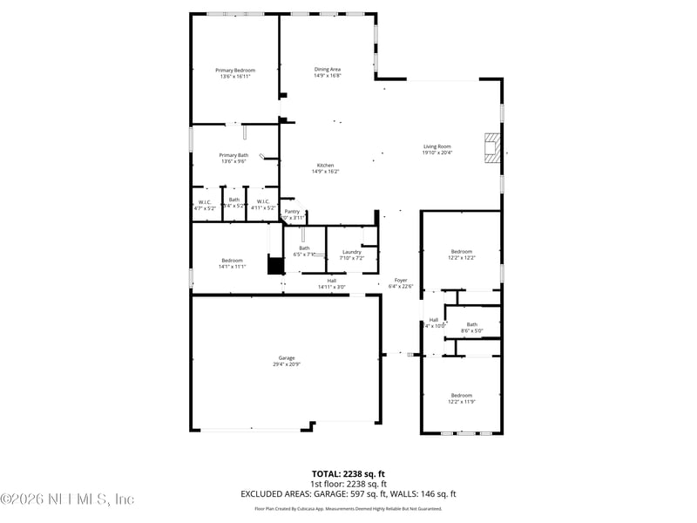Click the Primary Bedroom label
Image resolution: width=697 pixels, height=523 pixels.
[x=235, y=70]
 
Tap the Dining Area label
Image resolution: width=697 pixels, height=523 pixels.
[x=328, y=69]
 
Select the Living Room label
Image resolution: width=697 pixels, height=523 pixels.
[x=436, y=146]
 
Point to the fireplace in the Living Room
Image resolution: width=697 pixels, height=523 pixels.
[x=493, y=147]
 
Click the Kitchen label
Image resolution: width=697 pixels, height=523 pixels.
[x=325, y=166]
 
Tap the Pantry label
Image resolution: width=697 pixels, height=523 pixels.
[x=292, y=211]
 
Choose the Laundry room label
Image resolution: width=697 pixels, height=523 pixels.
[x=351, y=252]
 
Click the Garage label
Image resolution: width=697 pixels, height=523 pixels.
[x=287, y=358]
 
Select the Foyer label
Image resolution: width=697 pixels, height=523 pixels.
[x=401, y=280]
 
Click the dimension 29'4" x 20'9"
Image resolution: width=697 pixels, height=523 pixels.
[x=287, y=364]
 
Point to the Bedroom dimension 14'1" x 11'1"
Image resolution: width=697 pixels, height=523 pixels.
[x=232, y=267]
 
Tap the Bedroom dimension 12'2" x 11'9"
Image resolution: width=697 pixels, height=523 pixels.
[x=461, y=401]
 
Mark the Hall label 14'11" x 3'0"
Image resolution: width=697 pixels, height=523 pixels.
[x=331, y=287]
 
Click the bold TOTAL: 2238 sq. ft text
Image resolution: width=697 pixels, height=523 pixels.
[x=348, y=474]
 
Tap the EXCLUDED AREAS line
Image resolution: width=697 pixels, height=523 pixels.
[x=348, y=493]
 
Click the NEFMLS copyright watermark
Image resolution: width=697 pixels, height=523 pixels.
[x=67, y=499]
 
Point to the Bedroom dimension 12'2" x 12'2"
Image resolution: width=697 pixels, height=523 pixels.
[x=461, y=257]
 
